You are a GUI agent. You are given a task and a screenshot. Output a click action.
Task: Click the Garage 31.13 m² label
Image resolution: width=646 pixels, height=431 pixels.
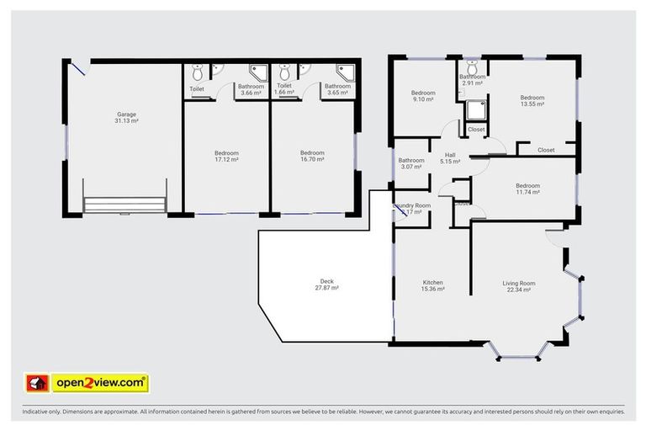click(126, 118)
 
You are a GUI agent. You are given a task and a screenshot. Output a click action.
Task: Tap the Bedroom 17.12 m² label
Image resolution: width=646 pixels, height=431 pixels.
click(226, 156)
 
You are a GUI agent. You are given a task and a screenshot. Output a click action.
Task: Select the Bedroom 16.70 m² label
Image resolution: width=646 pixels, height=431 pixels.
click(312, 156)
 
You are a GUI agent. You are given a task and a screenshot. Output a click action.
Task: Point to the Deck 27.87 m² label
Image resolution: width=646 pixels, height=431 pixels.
click(326, 285)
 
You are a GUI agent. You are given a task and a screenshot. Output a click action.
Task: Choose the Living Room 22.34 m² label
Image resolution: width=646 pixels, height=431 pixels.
click(519, 285)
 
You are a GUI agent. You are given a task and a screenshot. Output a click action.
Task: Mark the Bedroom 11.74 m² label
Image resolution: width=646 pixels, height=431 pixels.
click(527, 189)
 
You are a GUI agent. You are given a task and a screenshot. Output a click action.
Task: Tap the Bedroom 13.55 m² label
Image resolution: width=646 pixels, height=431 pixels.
click(532, 100)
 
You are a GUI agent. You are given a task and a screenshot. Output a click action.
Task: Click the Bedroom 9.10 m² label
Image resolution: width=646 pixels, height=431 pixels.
click(422, 96)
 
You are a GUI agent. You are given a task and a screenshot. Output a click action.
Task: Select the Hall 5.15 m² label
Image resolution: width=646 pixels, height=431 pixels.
click(450, 157)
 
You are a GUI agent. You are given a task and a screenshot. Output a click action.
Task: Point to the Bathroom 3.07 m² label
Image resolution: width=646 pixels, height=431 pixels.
click(411, 163)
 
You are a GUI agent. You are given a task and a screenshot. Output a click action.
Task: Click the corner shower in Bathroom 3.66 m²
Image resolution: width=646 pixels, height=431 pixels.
click(257, 71)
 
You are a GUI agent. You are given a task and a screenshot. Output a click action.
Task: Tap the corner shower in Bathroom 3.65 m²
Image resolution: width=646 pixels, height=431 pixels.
click(344, 71)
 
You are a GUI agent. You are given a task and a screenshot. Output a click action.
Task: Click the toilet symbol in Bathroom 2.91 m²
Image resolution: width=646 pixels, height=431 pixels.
click(472, 64)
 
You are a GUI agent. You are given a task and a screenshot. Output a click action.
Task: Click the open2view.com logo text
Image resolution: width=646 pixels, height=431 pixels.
click(100, 383)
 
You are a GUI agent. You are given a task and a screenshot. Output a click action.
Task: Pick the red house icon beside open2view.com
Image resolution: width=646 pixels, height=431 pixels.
click(38, 383)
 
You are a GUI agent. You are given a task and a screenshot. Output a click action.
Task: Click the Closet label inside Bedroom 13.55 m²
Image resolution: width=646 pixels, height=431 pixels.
click(545, 150)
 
